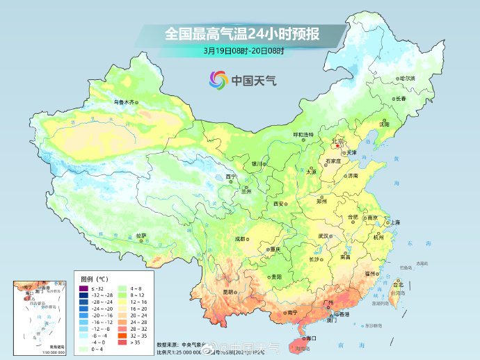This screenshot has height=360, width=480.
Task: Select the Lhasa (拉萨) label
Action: pos(141,236)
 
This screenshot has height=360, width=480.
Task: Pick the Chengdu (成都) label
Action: pos(240,238)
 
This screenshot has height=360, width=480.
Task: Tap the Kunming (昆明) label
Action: pos(228,291)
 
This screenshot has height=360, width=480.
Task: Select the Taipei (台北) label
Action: pos(399,284)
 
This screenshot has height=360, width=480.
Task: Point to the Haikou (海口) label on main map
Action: pos(310,338)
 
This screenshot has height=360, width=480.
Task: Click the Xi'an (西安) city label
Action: pos(279,204)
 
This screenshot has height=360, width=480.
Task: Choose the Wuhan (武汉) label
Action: pos(323,236)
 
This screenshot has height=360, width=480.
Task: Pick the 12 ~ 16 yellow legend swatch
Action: pos(123,302)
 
